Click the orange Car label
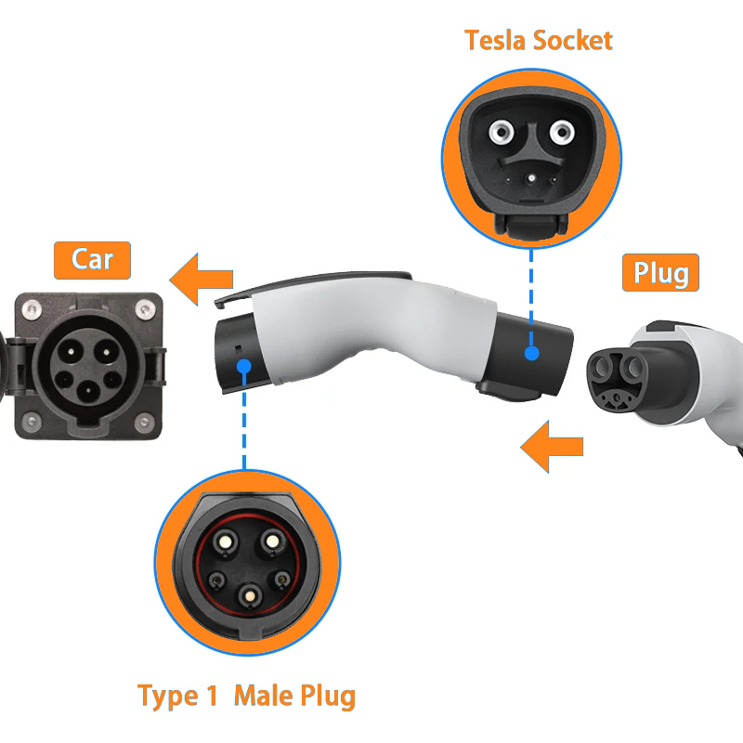[92, 260]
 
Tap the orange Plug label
[660, 272]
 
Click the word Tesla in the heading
[495, 40]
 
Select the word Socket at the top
[573, 40]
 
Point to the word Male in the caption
[264, 696]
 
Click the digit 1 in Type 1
[212, 696]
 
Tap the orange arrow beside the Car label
[202, 280]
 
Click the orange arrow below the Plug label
[552, 447]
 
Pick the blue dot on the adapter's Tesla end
[531, 353]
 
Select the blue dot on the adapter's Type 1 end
[244, 366]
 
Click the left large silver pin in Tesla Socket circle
[502, 131]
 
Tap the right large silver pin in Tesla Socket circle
[562, 131]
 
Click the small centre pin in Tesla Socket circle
[531, 178]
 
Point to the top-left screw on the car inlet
[32, 310]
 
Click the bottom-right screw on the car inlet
[145, 422]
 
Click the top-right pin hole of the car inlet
[107, 352]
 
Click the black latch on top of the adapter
[313, 283]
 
